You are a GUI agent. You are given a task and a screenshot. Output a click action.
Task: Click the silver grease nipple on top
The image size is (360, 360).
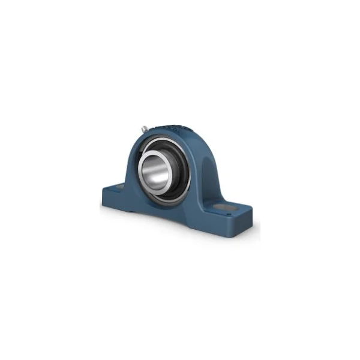[x=145, y=128]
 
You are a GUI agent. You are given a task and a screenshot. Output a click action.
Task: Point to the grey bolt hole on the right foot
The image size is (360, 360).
[x=230, y=208]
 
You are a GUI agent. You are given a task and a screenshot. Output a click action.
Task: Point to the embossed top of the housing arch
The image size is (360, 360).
[x=172, y=128]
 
